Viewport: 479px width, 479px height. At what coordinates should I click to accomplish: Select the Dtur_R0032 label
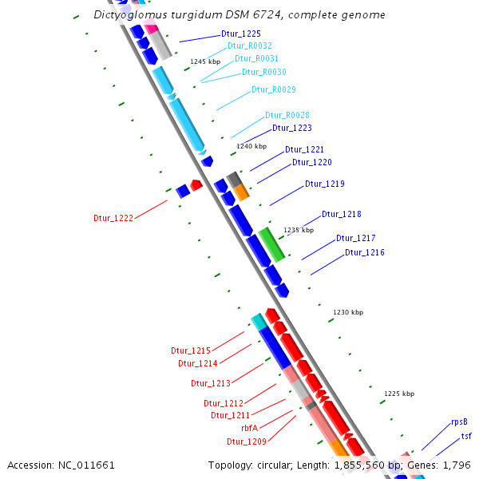pyautogui.click(x=249, y=46)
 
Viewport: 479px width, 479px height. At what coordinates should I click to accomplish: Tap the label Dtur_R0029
pyautogui.click(x=274, y=89)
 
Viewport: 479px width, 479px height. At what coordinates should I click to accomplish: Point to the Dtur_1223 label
pyautogui.click(x=291, y=128)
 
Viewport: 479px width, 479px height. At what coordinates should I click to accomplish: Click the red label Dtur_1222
pyautogui.click(x=113, y=218)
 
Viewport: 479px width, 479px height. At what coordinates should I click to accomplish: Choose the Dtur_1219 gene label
pyautogui.click(x=324, y=184)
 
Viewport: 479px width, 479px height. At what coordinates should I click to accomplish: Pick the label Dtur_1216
pyautogui.click(x=364, y=252)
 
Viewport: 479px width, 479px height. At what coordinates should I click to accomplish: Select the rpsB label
pyautogui.click(x=459, y=422)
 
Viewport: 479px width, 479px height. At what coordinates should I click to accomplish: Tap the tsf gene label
pyautogui.click(x=466, y=437)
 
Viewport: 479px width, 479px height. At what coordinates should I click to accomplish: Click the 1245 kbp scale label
pyautogui.click(x=204, y=61)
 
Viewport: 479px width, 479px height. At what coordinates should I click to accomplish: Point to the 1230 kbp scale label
pyautogui.click(x=348, y=312)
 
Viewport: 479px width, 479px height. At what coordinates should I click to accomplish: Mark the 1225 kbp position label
pyautogui.click(x=399, y=394)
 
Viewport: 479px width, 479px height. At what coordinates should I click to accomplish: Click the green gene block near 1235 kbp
pyautogui.click(x=271, y=243)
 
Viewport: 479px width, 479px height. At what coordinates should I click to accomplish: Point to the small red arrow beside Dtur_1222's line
pyautogui.click(x=196, y=185)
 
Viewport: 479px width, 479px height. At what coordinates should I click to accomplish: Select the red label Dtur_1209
pyautogui.click(x=246, y=441)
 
